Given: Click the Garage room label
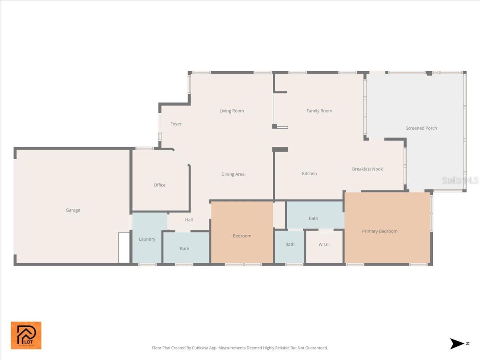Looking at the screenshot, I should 73,210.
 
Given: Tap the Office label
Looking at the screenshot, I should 160,185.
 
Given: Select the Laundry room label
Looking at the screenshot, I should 147,239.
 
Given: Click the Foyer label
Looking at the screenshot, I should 176,124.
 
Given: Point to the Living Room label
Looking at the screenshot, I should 232,111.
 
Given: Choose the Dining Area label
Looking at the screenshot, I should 233,174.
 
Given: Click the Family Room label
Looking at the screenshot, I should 319,111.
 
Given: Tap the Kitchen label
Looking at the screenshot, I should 309,174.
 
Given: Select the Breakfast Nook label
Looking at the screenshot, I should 367,169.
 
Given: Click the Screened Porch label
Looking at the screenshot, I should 421,128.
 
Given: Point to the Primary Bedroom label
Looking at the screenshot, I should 380,231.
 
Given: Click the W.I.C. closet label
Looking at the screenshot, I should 324,244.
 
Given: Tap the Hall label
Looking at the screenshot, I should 189,220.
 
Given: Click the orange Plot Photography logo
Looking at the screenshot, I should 26,335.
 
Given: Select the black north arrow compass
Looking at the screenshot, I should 457,344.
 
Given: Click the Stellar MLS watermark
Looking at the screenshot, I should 460,180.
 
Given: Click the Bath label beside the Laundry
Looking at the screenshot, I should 184,248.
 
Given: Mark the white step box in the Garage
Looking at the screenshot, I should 124,248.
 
